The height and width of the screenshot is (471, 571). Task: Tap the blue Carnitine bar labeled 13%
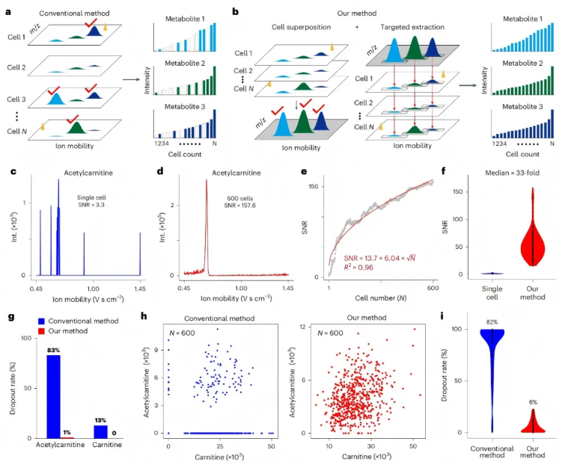[99, 431]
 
